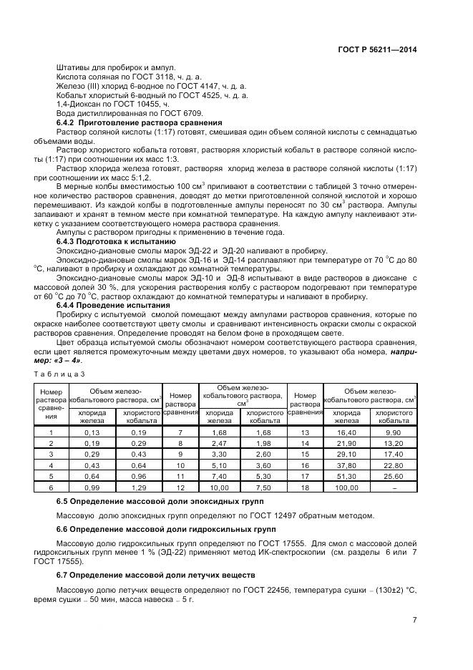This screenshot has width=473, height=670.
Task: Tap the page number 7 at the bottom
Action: click(414, 621)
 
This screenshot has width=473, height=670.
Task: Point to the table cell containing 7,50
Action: click(263, 487)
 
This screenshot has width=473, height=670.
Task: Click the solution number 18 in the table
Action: click(306, 487)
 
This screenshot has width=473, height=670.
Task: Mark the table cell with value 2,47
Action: click(219, 444)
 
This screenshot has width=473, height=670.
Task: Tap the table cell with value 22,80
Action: click(394, 465)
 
